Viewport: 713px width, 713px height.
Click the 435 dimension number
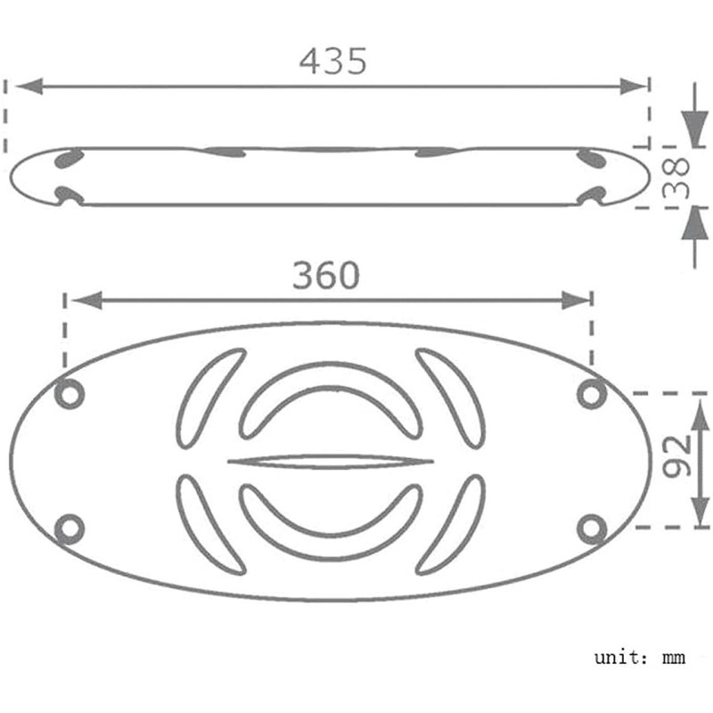click(x=332, y=61)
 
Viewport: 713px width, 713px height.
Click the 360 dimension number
click(x=326, y=275)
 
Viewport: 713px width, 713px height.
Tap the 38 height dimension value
click(x=676, y=177)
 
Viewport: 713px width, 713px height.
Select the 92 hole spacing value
click(x=676, y=456)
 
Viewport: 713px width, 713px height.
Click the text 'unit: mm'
click(x=639, y=658)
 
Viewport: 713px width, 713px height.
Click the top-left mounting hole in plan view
click(x=70, y=394)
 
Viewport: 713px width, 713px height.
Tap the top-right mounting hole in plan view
click(x=591, y=394)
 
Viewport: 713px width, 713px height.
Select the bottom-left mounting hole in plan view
click(x=70, y=529)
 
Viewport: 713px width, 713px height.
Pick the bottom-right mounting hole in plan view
click(x=591, y=529)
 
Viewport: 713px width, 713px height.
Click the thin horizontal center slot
click(x=331, y=462)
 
